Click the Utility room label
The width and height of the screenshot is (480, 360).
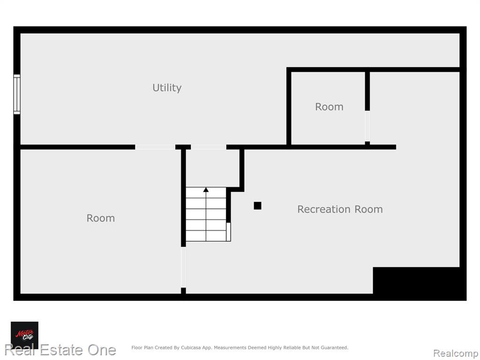(x=167, y=88)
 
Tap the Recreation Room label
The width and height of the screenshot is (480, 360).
(x=340, y=209)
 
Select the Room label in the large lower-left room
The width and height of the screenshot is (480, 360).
(x=101, y=218)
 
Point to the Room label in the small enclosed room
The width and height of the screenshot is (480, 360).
(x=329, y=106)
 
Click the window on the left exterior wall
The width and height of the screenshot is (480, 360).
(x=17, y=94)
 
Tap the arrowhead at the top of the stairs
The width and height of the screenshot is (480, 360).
(x=206, y=190)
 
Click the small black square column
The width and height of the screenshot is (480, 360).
(x=257, y=206)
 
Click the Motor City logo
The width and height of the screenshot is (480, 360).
(x=24, y=335)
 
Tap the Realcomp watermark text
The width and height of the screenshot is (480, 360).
(x=456, y=353)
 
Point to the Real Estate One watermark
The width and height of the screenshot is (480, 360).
(x=60, y=350)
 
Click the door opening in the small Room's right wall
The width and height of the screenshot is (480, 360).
(x=367, y=126)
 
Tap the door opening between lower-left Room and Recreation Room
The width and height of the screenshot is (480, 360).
(x=183, y=267)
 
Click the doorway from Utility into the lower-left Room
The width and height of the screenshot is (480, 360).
(x=155, y=147)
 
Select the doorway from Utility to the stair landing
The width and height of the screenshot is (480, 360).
(x=209, y=147)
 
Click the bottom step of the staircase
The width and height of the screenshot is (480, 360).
(x=206, y=236)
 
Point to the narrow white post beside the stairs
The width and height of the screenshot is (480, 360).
(x=228, y=232)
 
